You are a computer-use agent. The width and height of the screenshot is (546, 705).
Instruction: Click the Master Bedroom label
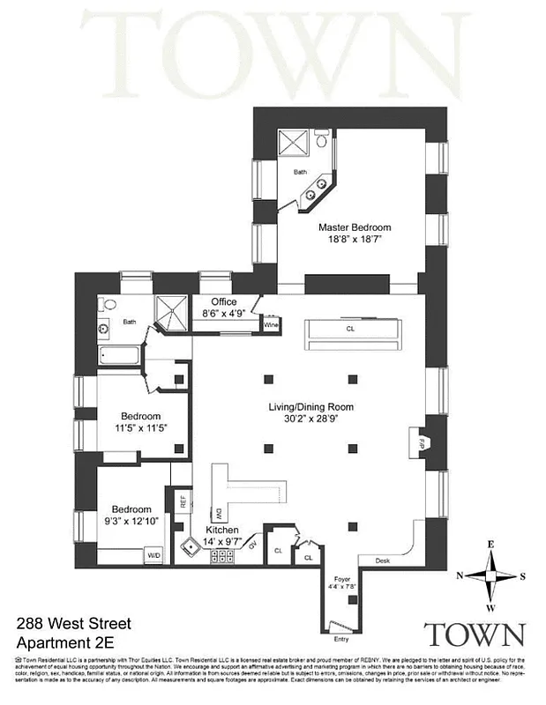point(354,227)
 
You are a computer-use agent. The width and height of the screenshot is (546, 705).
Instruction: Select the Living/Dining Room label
point(310,407)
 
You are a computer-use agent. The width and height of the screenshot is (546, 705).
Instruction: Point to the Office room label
point(223,301)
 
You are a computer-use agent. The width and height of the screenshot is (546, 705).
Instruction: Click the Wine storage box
point(270,325)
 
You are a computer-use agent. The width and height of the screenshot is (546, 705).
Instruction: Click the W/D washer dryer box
point(154,556)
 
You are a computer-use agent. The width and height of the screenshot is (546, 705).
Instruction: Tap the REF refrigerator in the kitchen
point(183,503)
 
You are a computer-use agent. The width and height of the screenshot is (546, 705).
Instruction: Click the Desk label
point(382,560)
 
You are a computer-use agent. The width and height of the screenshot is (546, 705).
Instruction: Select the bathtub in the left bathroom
point(119,358)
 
